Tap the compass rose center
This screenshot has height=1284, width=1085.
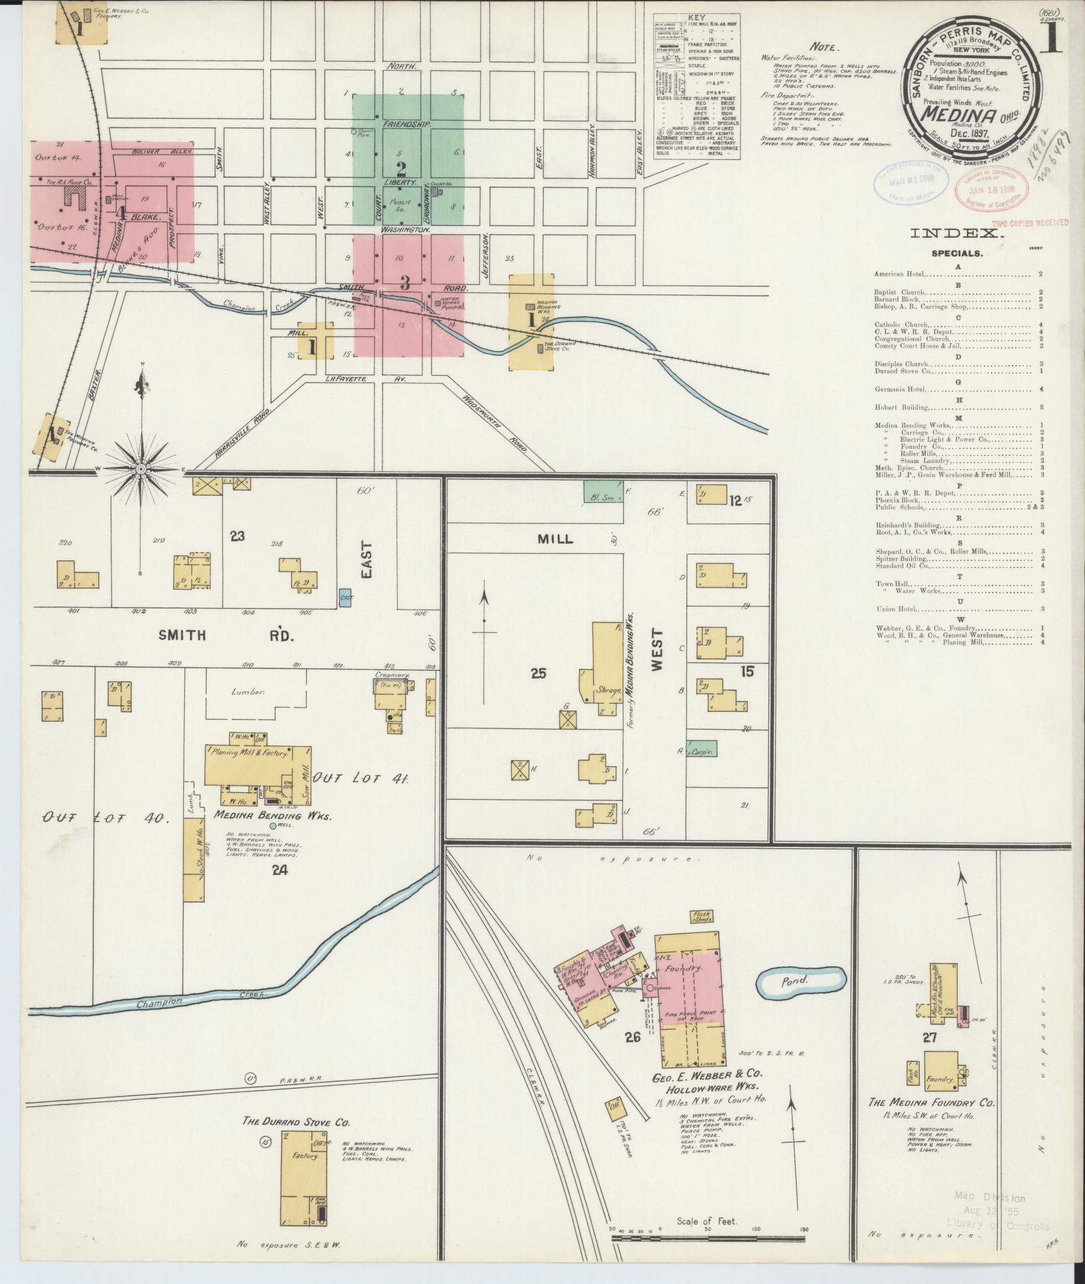(x=141, y=469)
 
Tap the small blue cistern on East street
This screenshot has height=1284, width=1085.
(x=346, y=596)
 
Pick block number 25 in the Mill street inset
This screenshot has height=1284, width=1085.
(x=539, y=673)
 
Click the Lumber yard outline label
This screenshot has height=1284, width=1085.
(x=249, y=692)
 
